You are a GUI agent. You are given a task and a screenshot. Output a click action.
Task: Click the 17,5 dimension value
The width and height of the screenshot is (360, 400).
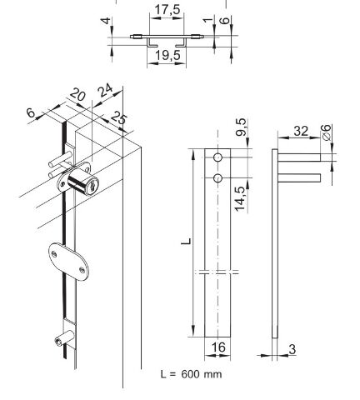pos(167,9)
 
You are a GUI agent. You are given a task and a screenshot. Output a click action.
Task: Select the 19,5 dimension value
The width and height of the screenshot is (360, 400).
pos(167,55)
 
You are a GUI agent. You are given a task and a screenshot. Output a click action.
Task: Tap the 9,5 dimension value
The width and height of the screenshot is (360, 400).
pos(241,127)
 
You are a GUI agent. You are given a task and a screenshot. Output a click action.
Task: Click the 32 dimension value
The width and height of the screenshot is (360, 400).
pos(301,131)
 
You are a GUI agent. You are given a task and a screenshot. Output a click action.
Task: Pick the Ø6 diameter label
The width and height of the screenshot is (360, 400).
pos(326,132)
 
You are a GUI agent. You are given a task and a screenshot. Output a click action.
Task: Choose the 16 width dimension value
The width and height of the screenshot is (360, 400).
pos(218,347)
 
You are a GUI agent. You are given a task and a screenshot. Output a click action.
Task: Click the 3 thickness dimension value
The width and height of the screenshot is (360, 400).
pos(292,349)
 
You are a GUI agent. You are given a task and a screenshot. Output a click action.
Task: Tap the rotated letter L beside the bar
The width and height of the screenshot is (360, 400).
pos(187,241)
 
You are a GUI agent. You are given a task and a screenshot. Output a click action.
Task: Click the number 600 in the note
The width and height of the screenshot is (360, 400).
pos(190,374)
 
